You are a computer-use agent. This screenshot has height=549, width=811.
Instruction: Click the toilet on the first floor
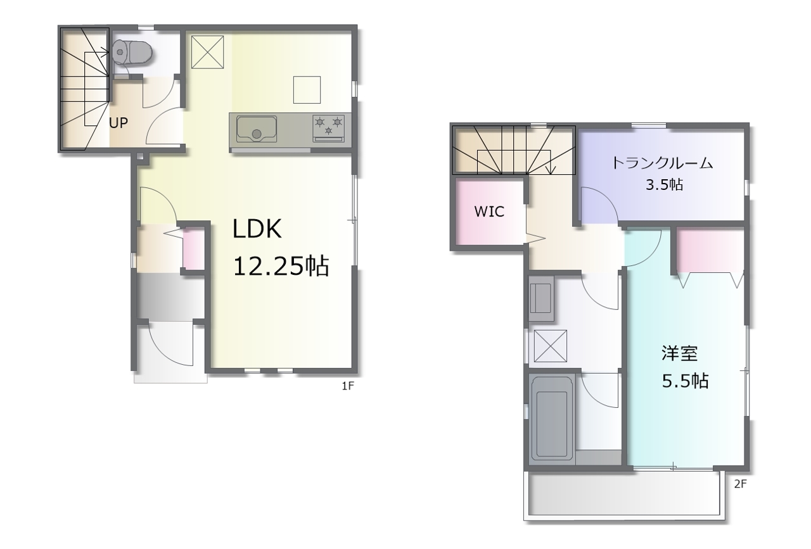pyautogui.click(x=132, y=53)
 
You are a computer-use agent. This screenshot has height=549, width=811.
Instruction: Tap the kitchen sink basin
pyautogui.click(x=257, y=129)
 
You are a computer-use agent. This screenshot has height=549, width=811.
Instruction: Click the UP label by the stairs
pyautogui.click(x=118, y=123)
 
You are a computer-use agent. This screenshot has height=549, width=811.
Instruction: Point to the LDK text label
pyautogui.click(x=257, y=229)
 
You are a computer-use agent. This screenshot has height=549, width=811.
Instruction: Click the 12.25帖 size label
pyautogui.click(x=281, y=267)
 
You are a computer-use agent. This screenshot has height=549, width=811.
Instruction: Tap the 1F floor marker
pyautogui.click(x=348, y=386)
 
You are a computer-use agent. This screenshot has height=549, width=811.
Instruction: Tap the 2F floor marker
pyautogui.click(x=741, y=484)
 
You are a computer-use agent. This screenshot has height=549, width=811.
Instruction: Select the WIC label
pyautogui.click(x=489, y=211)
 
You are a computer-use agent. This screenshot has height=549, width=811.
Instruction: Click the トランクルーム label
pyautogui.click(x=662, y=163)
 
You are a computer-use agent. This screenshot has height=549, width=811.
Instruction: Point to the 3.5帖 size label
pyautogui.click(x=665, y=185)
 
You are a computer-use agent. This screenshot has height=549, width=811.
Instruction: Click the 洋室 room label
pyautogui.click(x=680, y=353)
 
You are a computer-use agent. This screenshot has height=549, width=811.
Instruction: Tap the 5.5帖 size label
pyautogui.click(x=685, y=381)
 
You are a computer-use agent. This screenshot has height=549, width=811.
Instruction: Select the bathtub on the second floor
pyautogui.click(x=551, y=420)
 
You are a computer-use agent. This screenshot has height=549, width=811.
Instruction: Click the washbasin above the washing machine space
pyautogui.click(x=541, y=299)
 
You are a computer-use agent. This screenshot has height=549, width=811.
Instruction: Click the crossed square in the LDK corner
pyautogui.click(x=207, y=52)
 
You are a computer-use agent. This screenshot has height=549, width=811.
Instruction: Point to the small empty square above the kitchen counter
pyautogui.click(x=307, y=90)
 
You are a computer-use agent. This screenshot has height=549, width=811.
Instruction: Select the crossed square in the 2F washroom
pyautogui.click(x=551, y=346)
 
